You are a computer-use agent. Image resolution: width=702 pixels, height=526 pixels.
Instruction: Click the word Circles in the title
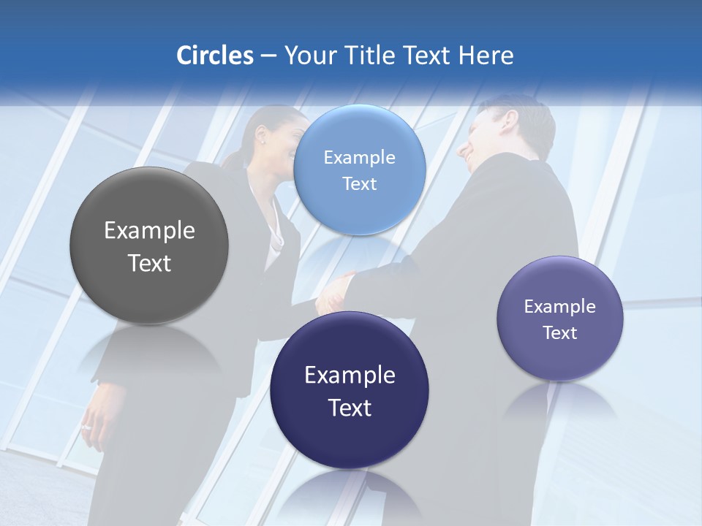(214, 56)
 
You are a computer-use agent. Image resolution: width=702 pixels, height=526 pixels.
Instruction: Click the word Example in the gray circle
(149, 231)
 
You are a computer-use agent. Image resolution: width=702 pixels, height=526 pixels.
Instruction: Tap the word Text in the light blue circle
(360, 184)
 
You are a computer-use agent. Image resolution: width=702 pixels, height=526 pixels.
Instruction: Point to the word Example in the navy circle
(350, 376)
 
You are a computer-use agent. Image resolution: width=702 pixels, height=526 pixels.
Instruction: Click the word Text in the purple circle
(560, 333)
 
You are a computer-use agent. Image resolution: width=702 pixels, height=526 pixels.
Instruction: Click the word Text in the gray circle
(149, 263)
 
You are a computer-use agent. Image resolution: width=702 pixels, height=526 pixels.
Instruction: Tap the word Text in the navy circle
(350, 408)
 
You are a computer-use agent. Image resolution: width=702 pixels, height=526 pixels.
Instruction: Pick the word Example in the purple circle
(560, 307)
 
